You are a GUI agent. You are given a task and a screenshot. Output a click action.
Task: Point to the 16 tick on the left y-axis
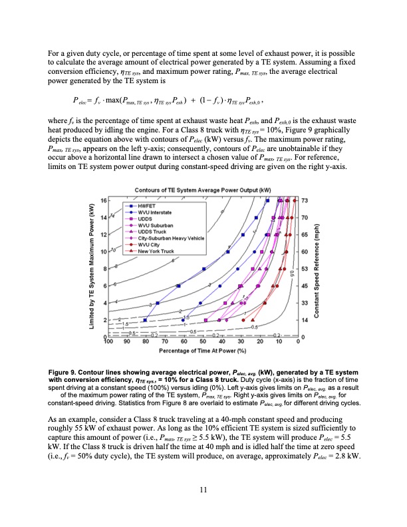(x=102, y=200)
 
